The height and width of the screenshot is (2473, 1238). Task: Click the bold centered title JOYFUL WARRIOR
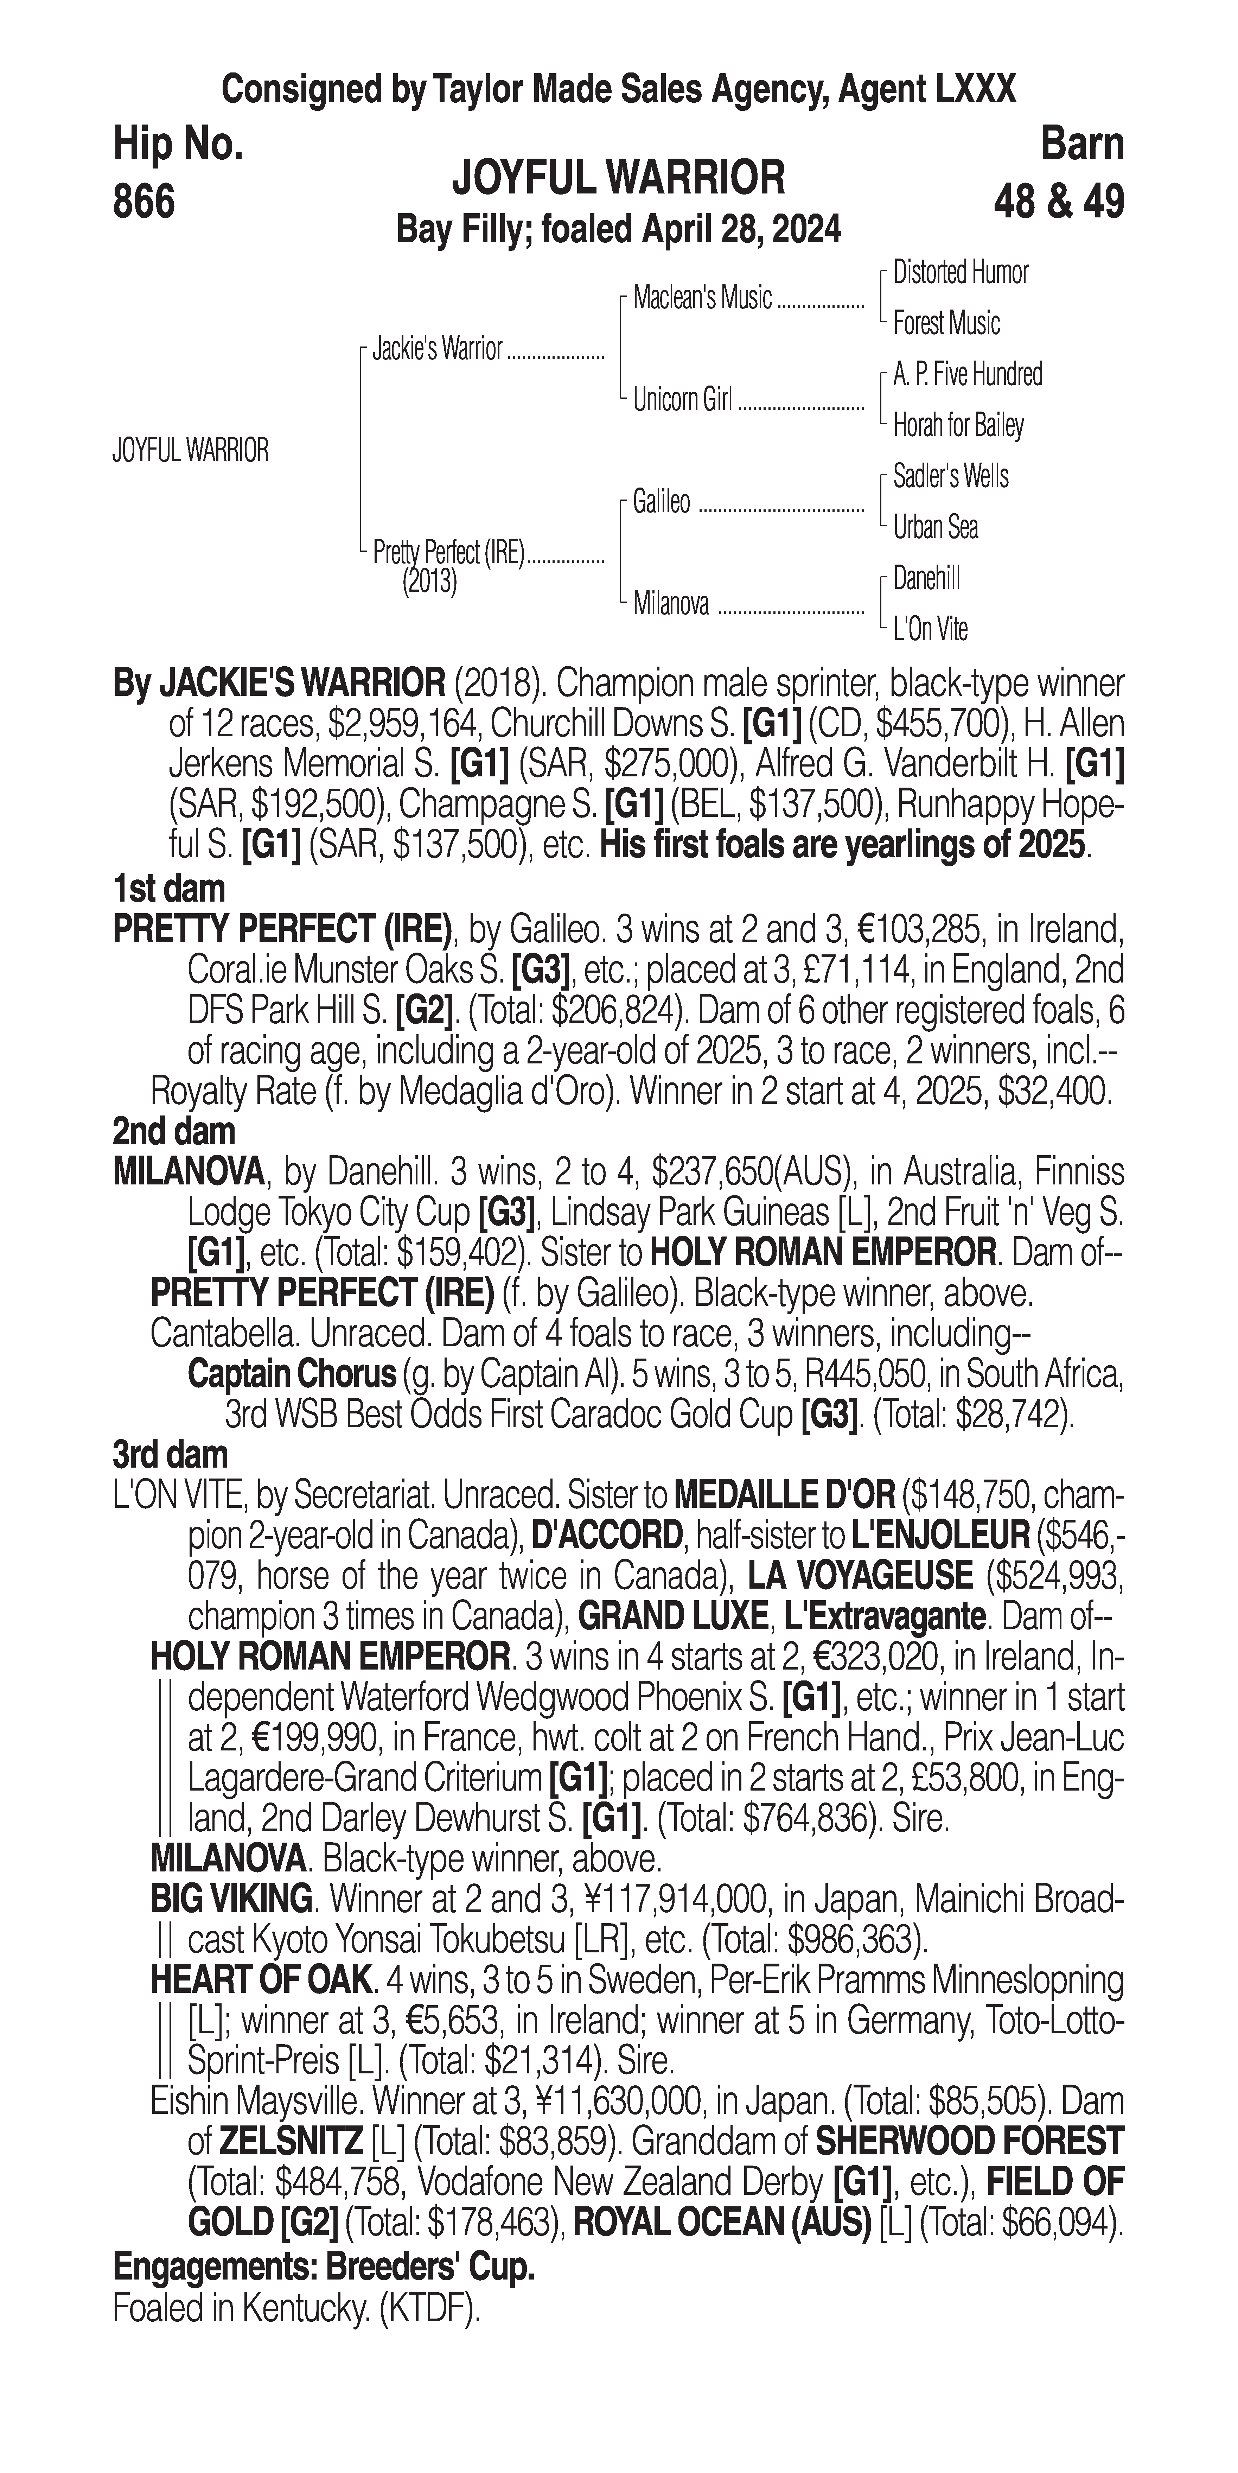point(618,178)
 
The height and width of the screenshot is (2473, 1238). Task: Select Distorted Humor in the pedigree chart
point(960,273)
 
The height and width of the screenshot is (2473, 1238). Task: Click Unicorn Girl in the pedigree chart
point(682,399)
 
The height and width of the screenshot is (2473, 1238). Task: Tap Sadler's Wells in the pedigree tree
point(950,476)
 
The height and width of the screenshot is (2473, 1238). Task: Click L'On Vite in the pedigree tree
point(930,629)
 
